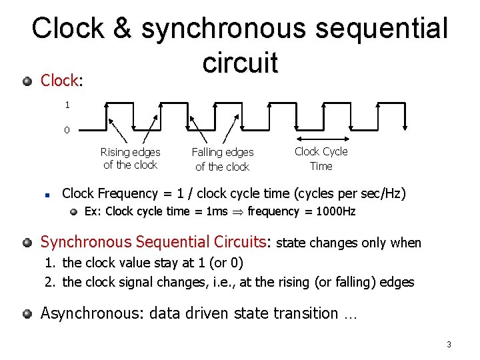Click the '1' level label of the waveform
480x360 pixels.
point(67,105)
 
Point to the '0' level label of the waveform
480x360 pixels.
point(67,130)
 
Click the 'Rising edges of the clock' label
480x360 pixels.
point(131,159)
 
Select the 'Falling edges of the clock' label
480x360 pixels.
point(223,159)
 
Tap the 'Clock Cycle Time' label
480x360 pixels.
point(321,159)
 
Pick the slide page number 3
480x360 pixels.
point(449,345)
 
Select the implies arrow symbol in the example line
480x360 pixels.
point(237,211)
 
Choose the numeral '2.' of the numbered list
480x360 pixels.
point(49,282)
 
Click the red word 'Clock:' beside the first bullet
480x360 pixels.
point(61,81)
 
